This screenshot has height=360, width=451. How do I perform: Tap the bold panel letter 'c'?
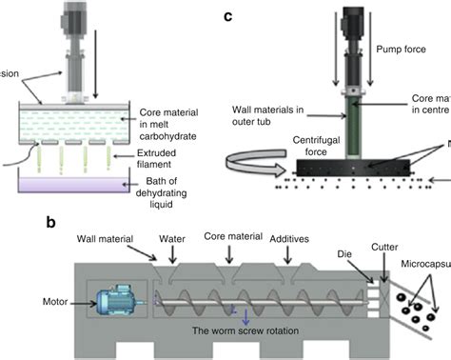226,16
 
